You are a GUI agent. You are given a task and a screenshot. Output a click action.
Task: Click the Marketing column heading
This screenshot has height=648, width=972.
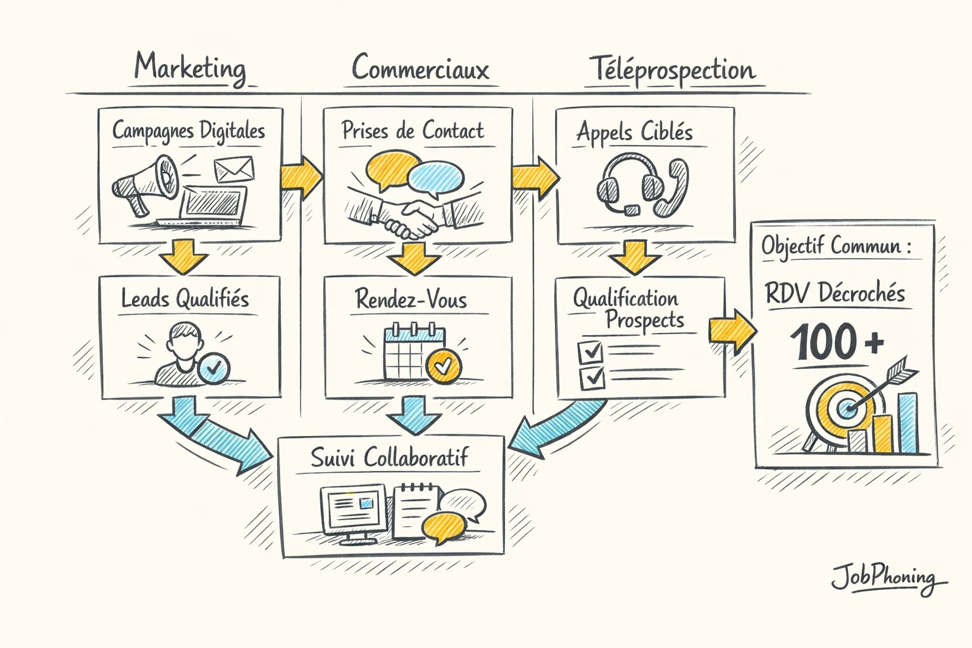[190, 68]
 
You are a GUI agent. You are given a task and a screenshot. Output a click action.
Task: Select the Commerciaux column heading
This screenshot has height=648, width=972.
[421, 68]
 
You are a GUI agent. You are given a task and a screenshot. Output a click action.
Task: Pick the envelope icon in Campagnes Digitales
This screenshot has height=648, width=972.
[234, 169]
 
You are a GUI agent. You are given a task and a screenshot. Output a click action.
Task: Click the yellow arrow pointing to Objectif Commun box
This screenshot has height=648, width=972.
[732, 330]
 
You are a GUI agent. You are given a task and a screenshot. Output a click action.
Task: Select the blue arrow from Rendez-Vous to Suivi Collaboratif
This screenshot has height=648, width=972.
[414, 414]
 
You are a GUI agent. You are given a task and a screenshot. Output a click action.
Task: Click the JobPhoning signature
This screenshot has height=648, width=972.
[886, 577]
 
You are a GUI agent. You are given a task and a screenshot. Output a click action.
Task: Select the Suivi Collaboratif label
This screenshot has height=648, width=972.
[390, 458]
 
